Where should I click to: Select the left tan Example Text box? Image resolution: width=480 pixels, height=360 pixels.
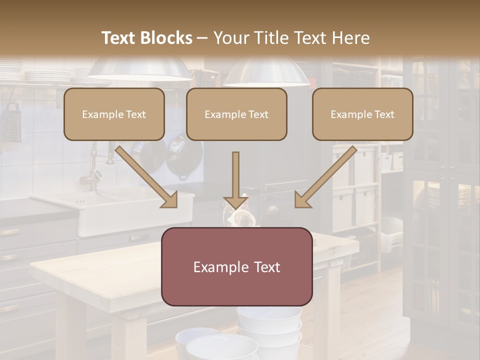(114, 114)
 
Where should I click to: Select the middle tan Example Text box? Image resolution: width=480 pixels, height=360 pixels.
(236, 114)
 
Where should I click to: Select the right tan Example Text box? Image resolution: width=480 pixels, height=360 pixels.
(362, 114)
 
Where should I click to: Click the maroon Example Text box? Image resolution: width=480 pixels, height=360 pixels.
(237, 266)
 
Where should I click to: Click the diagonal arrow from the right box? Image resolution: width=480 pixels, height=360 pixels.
(325, 177)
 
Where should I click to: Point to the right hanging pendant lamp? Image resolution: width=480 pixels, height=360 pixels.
(266, 72)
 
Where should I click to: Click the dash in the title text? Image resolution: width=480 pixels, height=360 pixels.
(202, 38)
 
